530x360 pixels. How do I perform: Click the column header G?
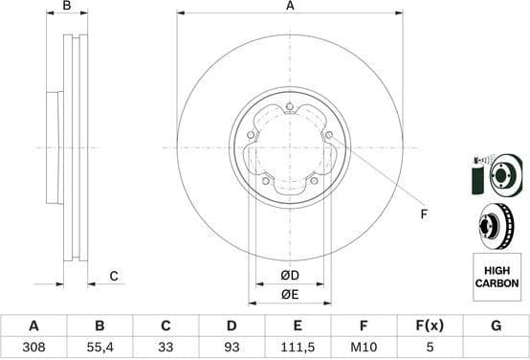coord(496,326)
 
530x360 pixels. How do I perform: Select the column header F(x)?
coord(429,326)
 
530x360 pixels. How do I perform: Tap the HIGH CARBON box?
coord(497,277)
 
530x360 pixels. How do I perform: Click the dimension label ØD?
coord(290,276)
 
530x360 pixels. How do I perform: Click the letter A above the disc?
coord(290,7)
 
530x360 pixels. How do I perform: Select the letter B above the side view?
coord(66,7)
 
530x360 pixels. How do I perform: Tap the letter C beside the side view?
coord(113,277)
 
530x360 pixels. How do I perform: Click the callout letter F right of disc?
coord(423,214)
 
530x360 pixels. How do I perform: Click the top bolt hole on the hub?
coord(289,106)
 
